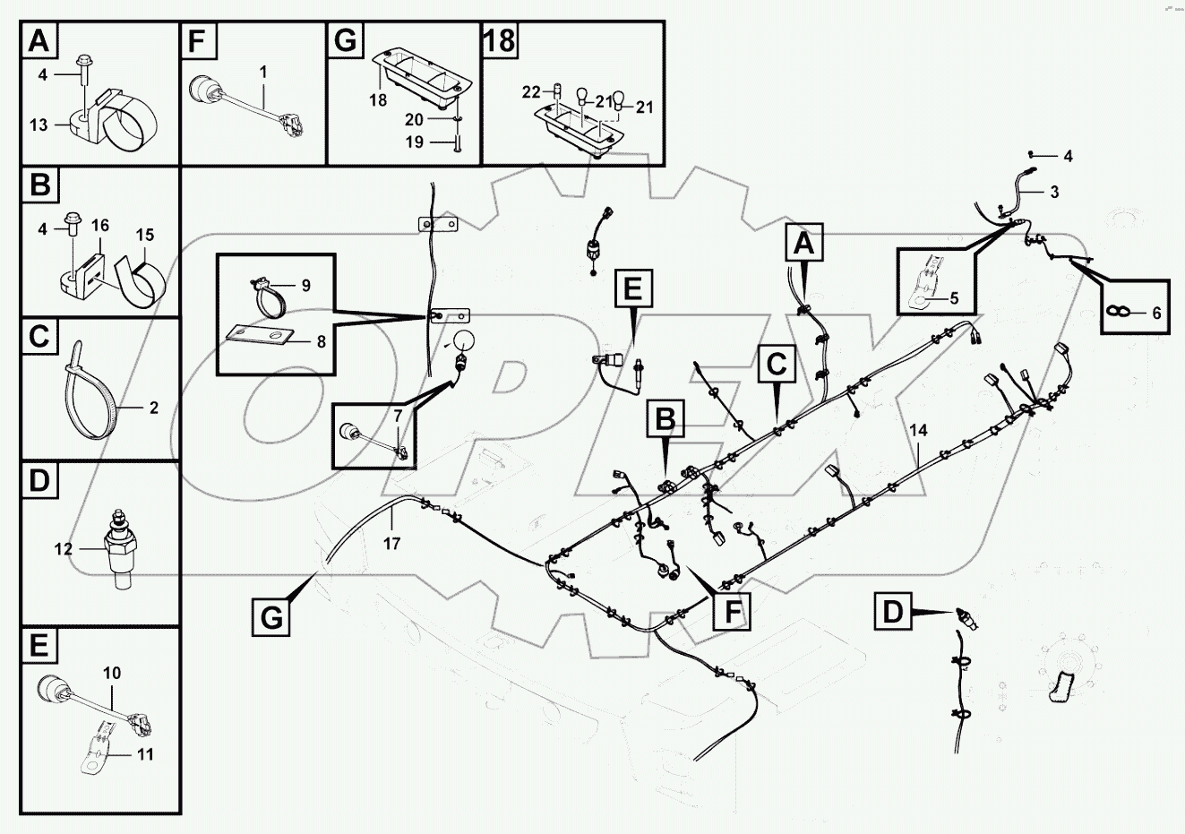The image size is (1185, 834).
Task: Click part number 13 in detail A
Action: pyautogui.click(x=39, y=125)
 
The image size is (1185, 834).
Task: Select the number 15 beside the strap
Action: pyautogui.click(x=145, y=235)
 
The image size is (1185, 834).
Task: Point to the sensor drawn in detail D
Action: pyautogui.click(x=116, y=547)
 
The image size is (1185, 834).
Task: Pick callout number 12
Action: pyautogui.click(x=63, y=549)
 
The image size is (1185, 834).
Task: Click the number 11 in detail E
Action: pyautogui.click(x=144, y=754)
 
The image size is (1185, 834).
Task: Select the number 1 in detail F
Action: pyautogui.click(x=263, y=69)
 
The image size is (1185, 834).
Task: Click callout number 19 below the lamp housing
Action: pyautogui.click(x=414, y=142)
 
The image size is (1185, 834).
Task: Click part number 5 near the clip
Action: pyautogui.click(x=954, y=297)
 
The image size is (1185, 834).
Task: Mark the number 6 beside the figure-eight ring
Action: pyautogui.click(x=1155, y=314)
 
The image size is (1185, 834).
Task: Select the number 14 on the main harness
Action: pyautogui.click(x=917, y=430)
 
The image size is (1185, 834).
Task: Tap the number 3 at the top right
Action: pyautogui.click(x=1054, y=192)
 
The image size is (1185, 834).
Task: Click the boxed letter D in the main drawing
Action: pyautogui.click(x=893, y=613)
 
